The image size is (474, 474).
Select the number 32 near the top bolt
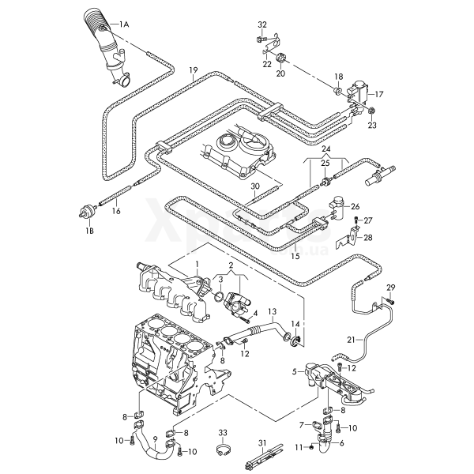(262, 24)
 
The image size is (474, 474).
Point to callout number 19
(193, 71)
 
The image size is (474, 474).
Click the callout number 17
(379, 93)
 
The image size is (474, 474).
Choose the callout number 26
(355, 207)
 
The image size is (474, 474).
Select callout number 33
(223, 433)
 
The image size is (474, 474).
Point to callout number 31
(263, 442)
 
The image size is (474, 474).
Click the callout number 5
(294, 371)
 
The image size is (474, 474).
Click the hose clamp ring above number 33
(223, 453)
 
